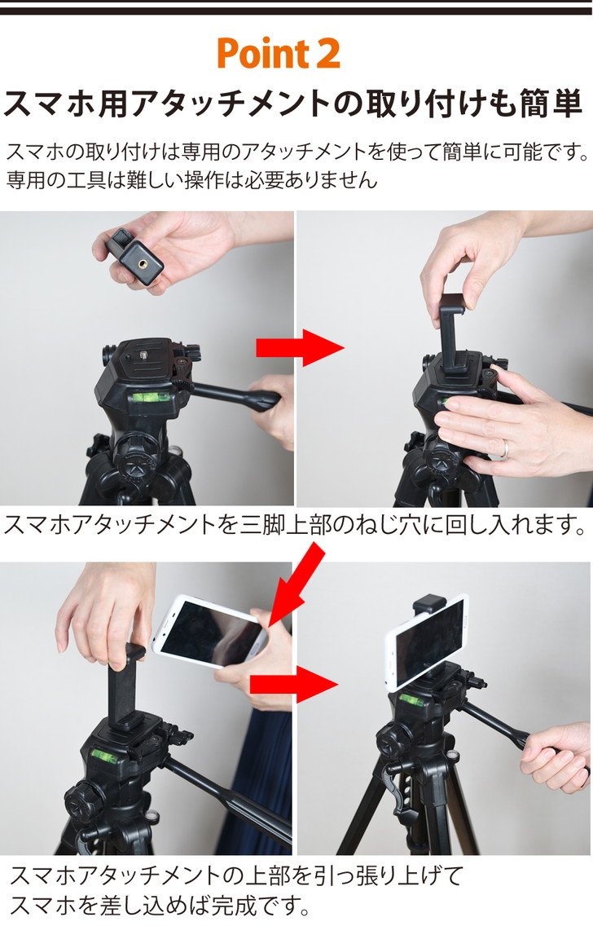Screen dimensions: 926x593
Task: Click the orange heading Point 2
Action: pyautogui.click(x=278, y=54)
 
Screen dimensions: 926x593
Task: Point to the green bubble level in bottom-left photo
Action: pyautogui.click(x=103, y=755)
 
